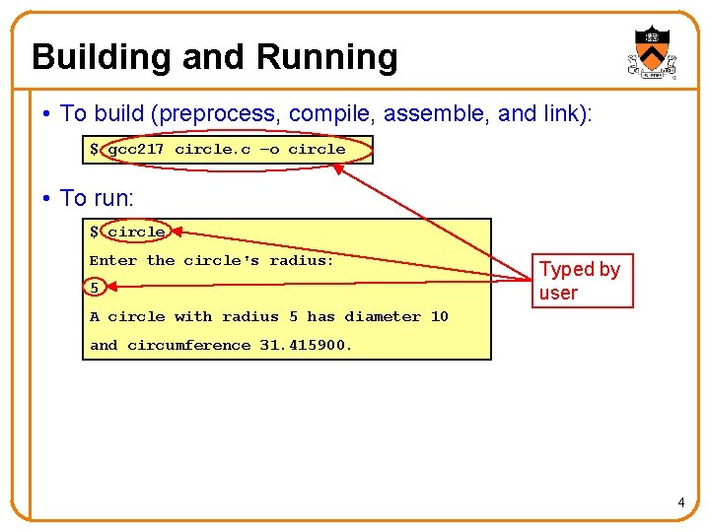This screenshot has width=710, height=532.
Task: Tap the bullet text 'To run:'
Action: tap(97, 198)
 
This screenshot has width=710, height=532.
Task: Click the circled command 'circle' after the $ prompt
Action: tap(136, 233)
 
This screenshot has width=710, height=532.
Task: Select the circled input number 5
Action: tap(95, 289)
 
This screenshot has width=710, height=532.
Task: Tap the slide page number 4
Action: tap(680, 504)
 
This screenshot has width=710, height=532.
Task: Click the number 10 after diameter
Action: tap(439, 317)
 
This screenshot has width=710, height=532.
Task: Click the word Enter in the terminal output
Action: tap(113, 261)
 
